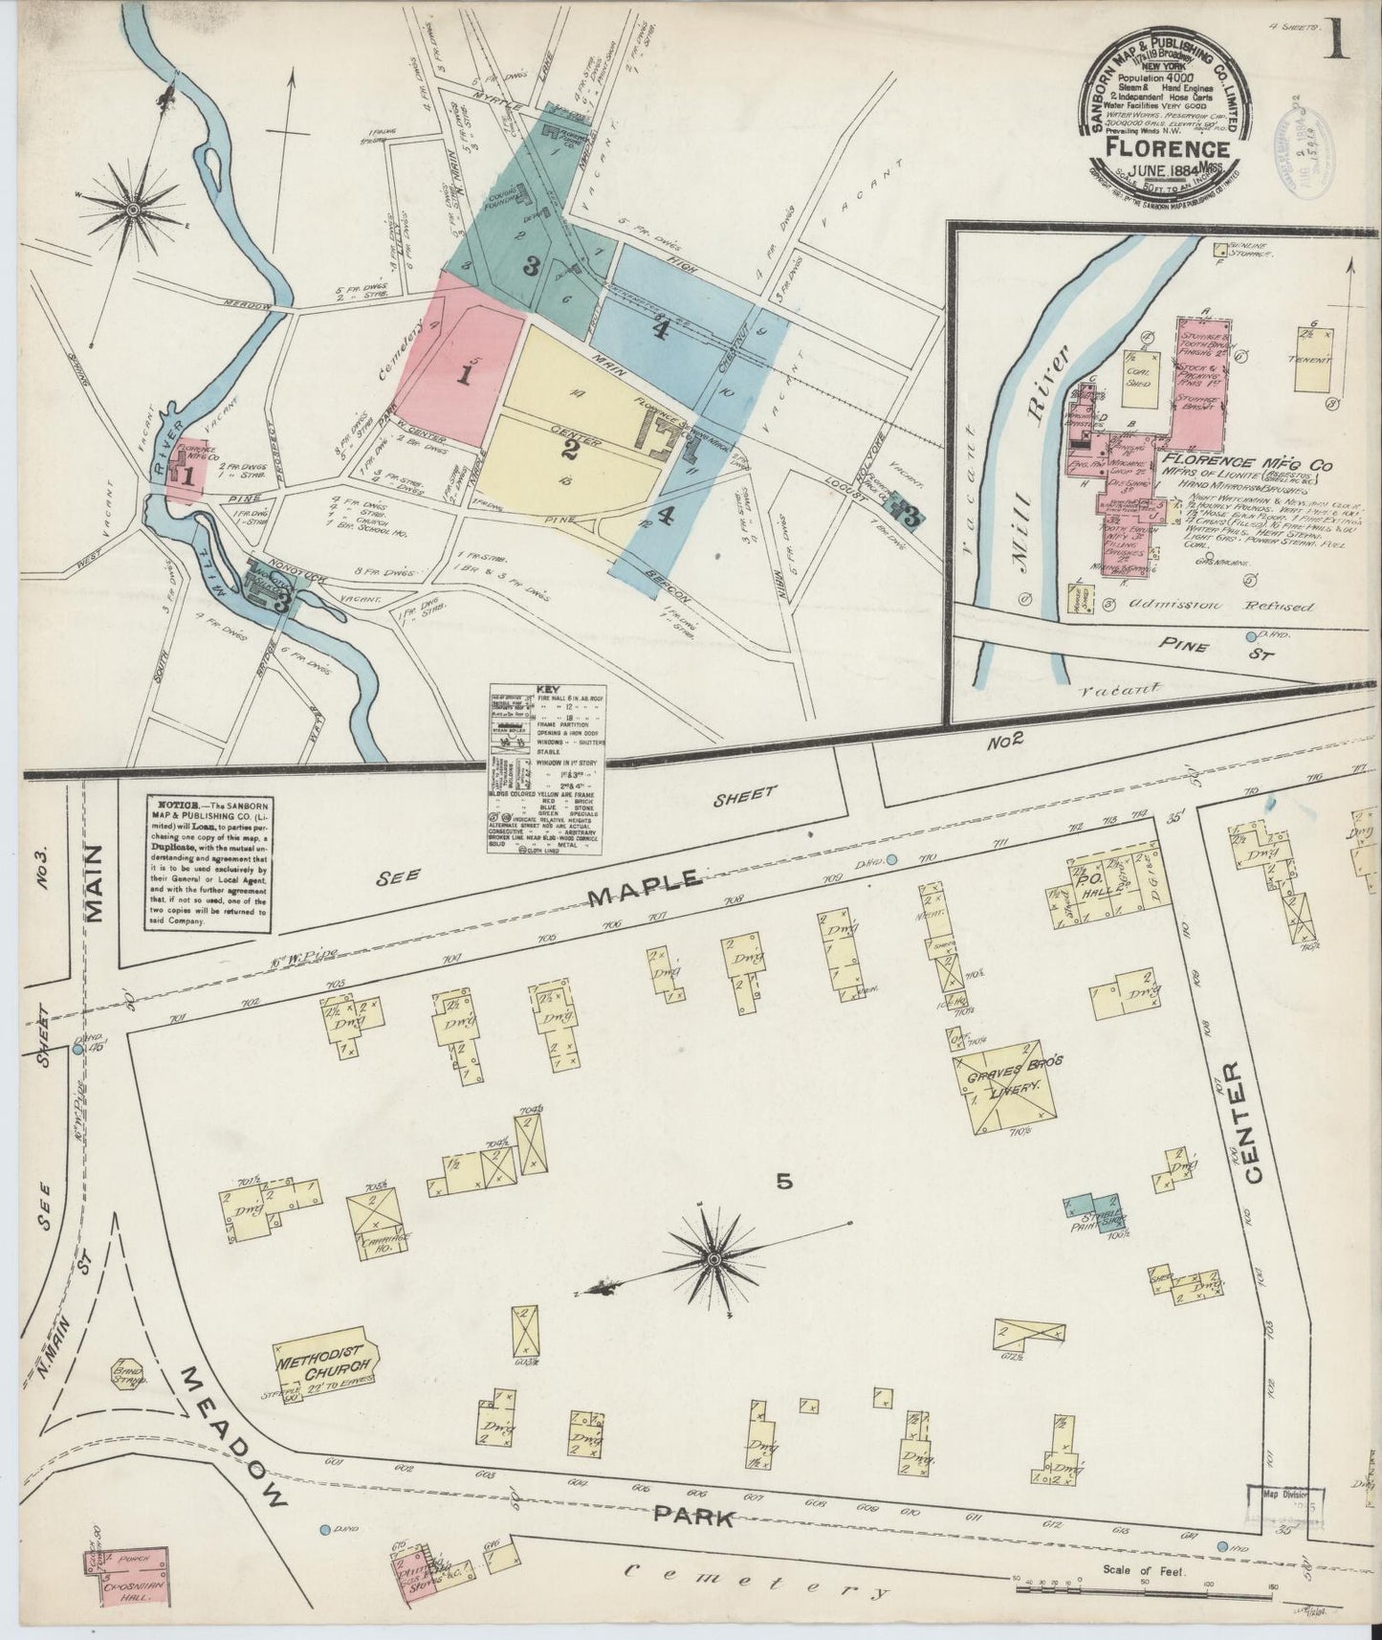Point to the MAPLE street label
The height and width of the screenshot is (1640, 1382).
point(647,891)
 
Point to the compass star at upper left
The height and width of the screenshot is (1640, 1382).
point(133,207)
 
